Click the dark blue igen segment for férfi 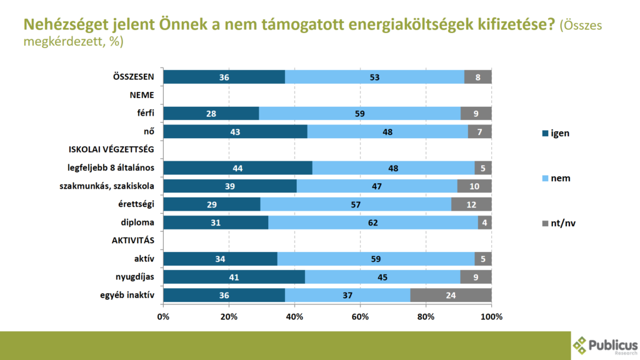pyautogui.click(x=211, y=113)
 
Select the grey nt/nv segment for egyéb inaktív pyautogui.click(x=451, y=295)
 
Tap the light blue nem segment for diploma pyautogui.click(x=374, y=222)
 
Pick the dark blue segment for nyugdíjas pyautogui.click(x=234, y=277)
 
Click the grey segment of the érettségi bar pyautogui.click(x=471, y=204)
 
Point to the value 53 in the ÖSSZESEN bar pyautogui.click(x=374, y=77)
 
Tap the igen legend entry pyautogui.click(x=554, y=133)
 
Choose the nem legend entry pyautogui.click(x=554, y=179)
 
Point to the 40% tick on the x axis pyautogui.click(x=294, y=317)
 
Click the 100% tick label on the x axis pyautogui.click(x=491, y=317)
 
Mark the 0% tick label pyautogui.click(x=163, y=317)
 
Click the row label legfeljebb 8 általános pyautogui.click(x=111, y=167)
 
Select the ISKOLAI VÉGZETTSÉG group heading pyautogui.click(x=111, y=149)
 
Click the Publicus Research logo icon pyautogui.click(x=581, y=345)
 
